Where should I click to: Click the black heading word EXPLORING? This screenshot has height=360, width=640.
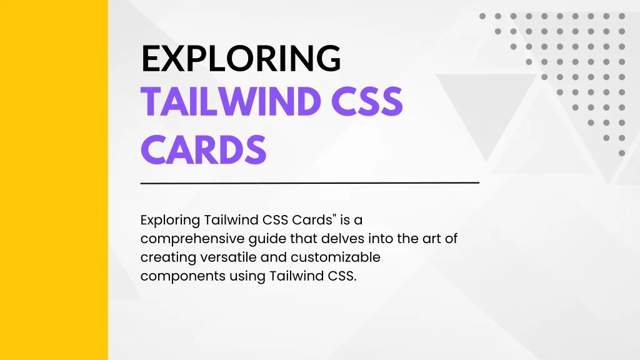[241, 59]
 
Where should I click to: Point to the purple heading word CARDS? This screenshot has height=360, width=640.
[204, 150]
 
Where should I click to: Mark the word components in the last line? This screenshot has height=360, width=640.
[176, 276]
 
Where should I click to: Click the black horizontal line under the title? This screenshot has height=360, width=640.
[309, 183]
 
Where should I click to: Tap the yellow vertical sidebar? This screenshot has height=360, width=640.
[54, 180]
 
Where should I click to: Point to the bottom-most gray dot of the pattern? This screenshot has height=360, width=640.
[621, 152]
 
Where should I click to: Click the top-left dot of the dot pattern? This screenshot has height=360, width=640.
[482, 16]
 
